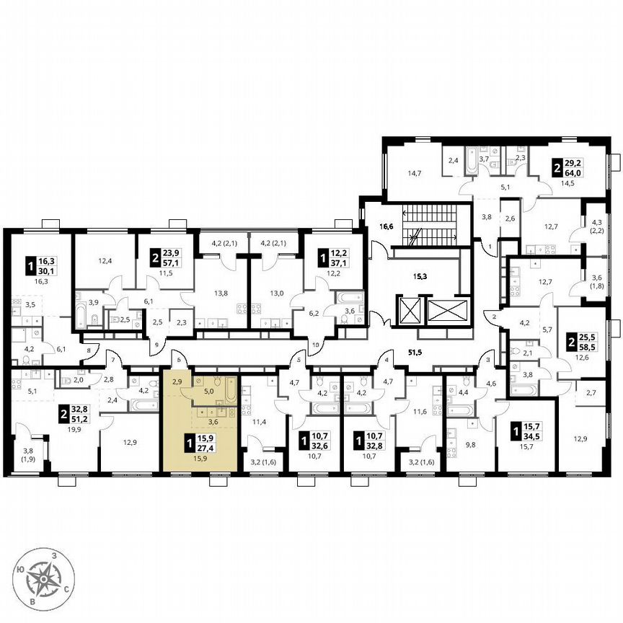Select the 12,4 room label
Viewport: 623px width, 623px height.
105,260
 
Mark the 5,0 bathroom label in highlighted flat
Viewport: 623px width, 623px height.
208,392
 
